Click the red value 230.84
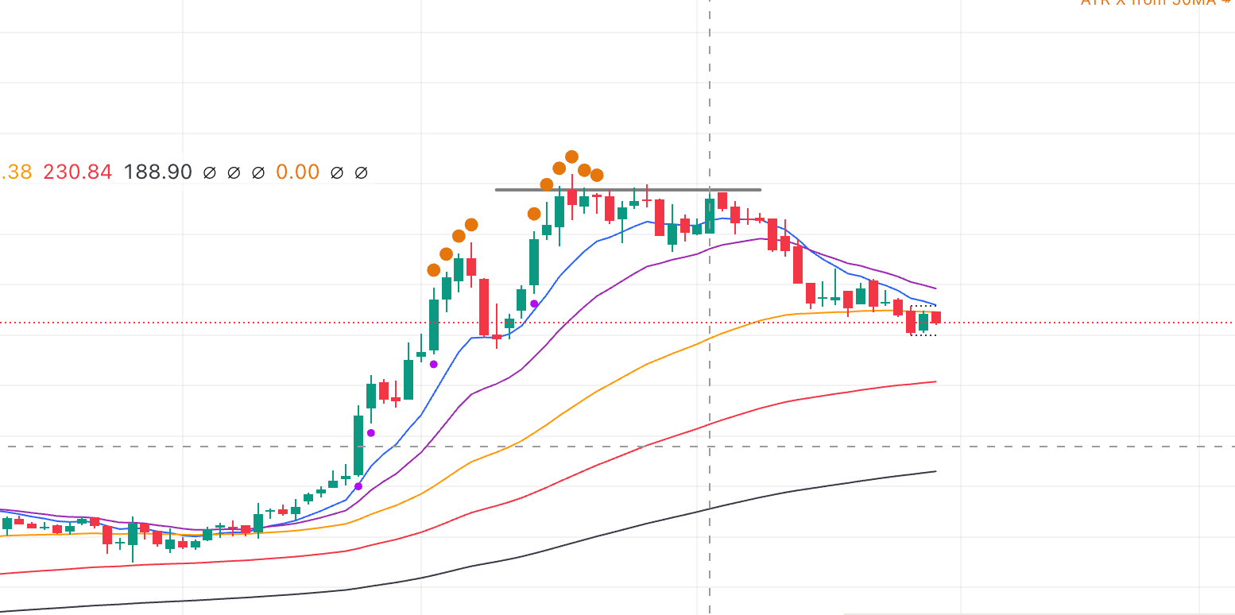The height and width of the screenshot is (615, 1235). (x=77, y=172)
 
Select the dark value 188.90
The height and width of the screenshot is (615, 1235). (x=157, y=172)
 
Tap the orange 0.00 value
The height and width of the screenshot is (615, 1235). (x=297, y=172)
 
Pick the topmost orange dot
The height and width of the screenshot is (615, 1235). (x=571, y=156)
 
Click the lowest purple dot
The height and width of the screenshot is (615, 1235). (x=358, y=485)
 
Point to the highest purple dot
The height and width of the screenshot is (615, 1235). (x=534, y=304)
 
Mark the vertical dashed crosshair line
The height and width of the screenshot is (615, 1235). (x=709, y=95)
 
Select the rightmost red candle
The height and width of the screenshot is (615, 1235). (x=935, y=318)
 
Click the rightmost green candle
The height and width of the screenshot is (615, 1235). (x=923, y=322)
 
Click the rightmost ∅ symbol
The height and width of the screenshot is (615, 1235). (x=361, y=172)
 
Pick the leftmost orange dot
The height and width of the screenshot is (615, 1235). (x=433, y=270)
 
